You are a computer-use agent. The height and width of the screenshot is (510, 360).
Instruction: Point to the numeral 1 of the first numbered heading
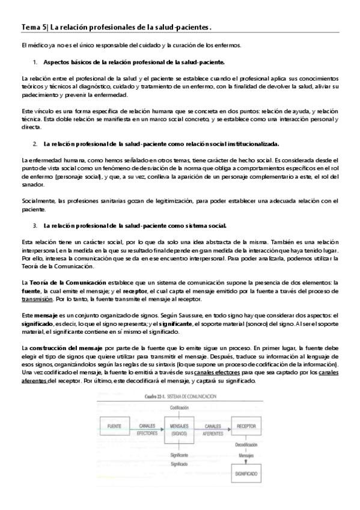[x=35, y=62]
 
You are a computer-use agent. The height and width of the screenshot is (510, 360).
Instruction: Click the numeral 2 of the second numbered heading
[x=35, y=144]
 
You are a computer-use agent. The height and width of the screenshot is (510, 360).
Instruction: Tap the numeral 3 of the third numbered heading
[x=35, y=226]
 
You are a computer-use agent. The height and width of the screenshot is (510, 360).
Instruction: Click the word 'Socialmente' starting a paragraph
[x=39, y=201]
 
